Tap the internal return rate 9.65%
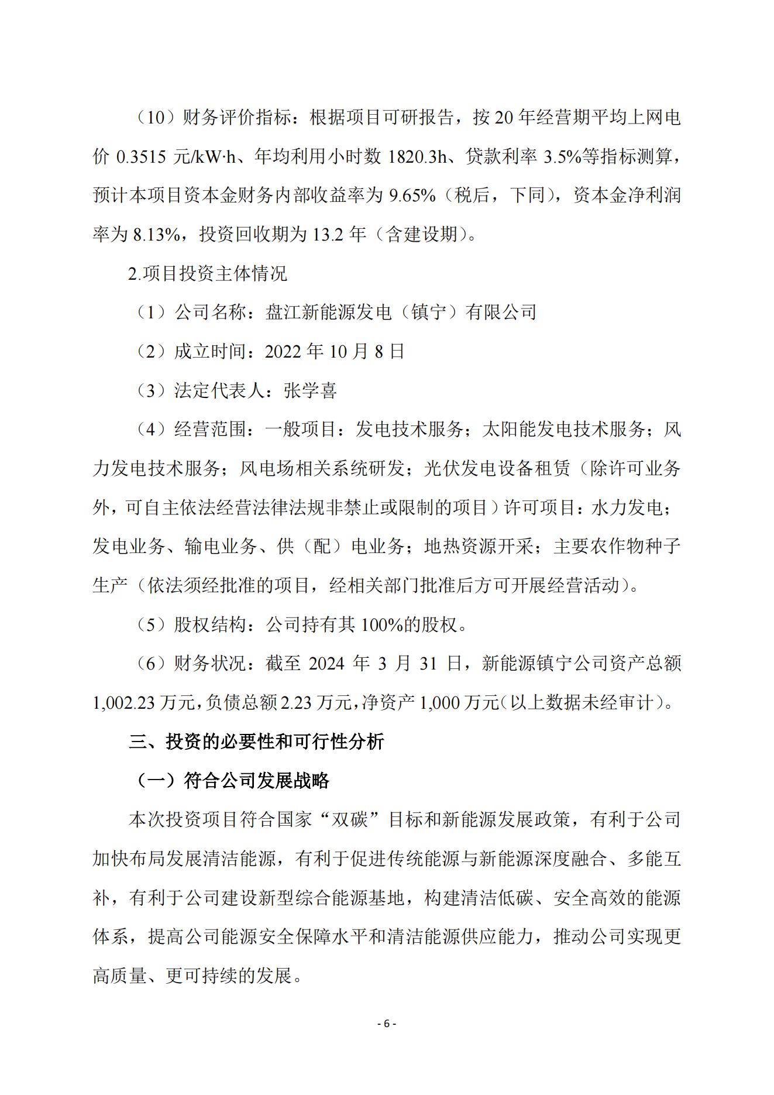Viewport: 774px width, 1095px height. click(x=412, y=195)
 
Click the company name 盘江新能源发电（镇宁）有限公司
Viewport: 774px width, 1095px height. click(x=401, y=313)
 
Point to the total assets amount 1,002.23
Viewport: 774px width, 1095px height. click(x=123, y=702)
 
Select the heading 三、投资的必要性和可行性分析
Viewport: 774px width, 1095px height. click(x=256, y=742)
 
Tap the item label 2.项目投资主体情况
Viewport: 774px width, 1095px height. click(x=208, y=273)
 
